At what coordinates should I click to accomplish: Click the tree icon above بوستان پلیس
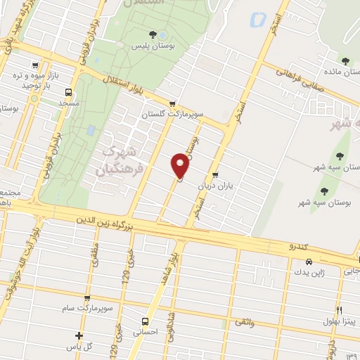click(153, 34)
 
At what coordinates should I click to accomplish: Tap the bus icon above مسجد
click(68, 92)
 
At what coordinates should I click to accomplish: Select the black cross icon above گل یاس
click(79, 335)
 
